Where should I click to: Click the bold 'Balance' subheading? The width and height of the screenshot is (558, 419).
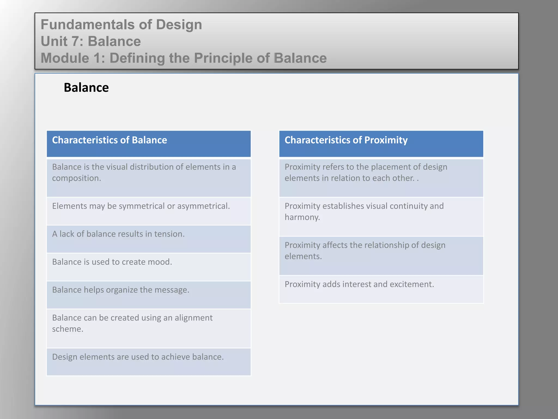point(86,88)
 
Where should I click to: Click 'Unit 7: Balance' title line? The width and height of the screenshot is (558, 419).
point(91,41)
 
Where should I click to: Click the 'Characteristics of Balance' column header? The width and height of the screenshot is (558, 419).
point(110,140)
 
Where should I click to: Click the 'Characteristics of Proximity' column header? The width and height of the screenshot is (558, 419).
point(346,140)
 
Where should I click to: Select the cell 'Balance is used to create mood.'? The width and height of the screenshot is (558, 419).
point(112,262)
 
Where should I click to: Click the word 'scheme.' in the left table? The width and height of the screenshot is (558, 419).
point(68,329)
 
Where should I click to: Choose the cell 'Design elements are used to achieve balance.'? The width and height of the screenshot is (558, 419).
point(138,357)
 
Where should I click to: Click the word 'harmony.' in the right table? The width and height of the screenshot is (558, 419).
point(302,217)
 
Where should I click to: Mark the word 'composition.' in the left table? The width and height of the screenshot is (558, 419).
point(77,178)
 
